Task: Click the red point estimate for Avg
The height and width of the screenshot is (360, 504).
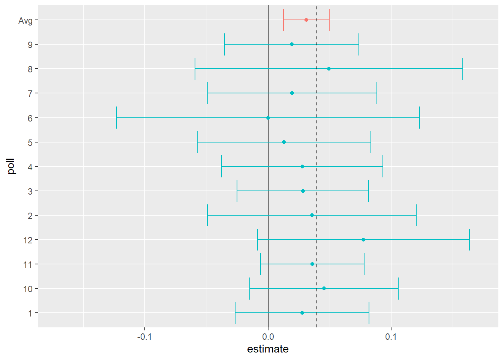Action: point(306,20)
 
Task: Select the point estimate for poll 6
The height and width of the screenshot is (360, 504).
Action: point(268,118)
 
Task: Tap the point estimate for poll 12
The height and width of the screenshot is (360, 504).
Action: point(363,240)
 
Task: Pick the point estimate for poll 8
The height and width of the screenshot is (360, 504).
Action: point(329,69)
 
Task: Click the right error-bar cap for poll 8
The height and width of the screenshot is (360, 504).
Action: point(463,69)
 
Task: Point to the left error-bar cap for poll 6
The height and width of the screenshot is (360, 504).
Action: point(117,118)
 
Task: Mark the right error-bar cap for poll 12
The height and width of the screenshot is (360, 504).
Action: point(469,240)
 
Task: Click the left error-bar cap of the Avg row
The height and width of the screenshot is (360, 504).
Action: point(283,20)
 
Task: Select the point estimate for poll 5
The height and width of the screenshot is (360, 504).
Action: point(284,142)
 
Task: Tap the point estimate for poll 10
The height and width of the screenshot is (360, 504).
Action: point(324,288)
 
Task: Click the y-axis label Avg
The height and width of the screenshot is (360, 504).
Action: point(25,21)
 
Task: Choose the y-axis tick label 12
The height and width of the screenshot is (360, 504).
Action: point(28,240)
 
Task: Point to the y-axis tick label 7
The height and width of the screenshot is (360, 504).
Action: point(30,93)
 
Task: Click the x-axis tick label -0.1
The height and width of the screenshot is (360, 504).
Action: point(144,336)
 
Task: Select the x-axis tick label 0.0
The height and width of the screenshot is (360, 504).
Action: point(268,336)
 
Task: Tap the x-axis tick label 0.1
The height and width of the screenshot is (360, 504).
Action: point(391,336)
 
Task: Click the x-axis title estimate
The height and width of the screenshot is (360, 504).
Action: point(268,349)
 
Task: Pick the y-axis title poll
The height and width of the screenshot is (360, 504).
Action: point(12,166)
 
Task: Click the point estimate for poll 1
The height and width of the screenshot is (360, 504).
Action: point(302,313)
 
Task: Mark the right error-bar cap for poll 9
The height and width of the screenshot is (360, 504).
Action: point(359,44)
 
